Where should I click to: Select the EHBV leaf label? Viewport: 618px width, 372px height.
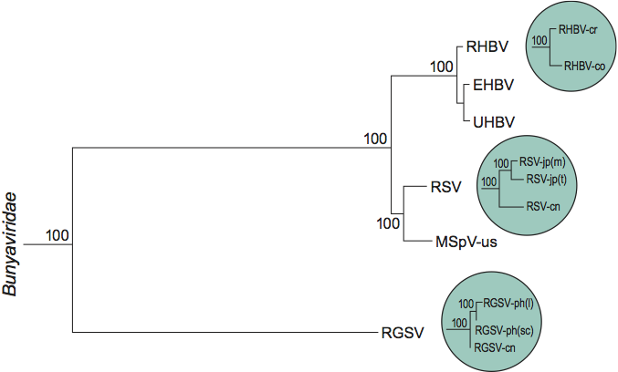click(x=492, y=85)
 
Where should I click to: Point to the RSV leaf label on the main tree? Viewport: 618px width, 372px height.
click(x=445, y=189)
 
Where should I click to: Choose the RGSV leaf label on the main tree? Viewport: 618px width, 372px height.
click(x=403, y=333)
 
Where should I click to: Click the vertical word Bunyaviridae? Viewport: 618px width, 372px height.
click(x=12, y=247)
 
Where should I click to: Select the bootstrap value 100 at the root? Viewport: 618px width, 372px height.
click(x=58, y=235)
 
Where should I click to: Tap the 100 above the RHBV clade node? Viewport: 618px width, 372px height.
click(x=442, y=66)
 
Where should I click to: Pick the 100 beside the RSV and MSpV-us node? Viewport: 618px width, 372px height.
click(x=389, y=222)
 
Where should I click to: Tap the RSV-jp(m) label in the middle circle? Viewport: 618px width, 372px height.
click(x=543, y=163)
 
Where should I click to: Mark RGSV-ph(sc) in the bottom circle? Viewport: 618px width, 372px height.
click(x=508, y=329)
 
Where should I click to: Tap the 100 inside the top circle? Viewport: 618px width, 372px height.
click(x=539, y=41)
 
